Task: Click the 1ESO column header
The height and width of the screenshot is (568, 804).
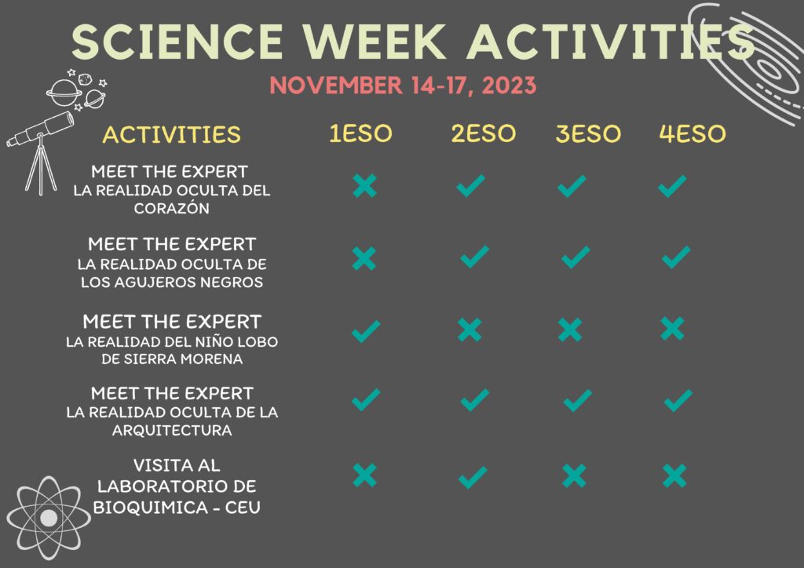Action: (360, 133)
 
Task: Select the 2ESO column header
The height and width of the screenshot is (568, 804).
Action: (483, 133)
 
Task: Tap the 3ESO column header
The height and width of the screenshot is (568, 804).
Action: (588, 133)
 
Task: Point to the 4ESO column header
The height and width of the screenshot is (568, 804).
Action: (693, 133)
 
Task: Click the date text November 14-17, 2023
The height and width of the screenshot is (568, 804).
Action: (403, 85)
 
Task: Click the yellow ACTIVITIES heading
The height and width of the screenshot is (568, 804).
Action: (171, 135)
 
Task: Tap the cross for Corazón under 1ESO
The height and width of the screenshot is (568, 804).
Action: (364, 185)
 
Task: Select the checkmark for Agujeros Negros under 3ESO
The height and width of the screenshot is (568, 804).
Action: (576, 257)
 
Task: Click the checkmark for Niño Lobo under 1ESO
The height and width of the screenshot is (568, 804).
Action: (366, 331)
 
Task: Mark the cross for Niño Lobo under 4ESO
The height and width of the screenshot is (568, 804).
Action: (672, 329)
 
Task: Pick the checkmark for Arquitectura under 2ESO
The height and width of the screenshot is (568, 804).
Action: (475, 400)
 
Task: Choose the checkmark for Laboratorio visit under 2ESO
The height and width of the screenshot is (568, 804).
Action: (473, 477)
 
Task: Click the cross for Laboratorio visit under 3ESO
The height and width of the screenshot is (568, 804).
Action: (574, 475)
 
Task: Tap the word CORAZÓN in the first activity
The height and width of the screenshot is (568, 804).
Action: (172, 209)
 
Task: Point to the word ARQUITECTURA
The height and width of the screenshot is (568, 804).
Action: (172, 430)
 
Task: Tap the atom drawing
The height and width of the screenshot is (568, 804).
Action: (49, 518)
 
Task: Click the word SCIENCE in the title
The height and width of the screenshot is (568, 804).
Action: (177, 42)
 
